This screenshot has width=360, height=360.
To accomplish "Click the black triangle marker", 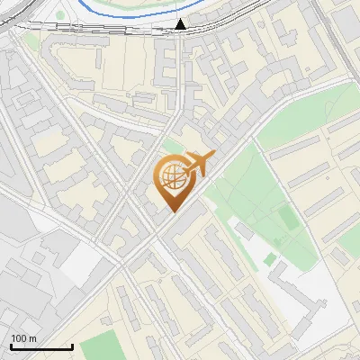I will tap(181, 24).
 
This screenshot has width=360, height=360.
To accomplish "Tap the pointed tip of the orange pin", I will tap(171, 211).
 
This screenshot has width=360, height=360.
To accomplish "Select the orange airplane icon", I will tap(200, 164).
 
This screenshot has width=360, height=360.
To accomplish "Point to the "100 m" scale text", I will tap(23, 338).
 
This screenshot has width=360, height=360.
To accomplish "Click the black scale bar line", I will tap(41, 346).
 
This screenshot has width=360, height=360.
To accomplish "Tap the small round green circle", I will tap(61, 15).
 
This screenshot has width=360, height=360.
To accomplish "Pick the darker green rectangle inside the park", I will tap(286, 218).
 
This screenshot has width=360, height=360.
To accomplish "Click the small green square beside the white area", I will tap(270, 259).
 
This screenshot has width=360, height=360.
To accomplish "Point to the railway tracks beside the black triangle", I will tap(135, 29).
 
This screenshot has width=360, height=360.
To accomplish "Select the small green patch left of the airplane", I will tap(171, 146).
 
